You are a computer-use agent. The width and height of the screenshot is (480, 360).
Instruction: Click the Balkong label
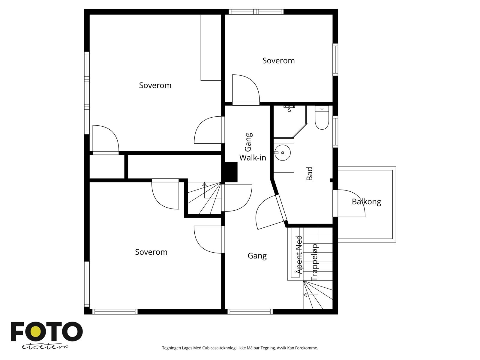point(366,202)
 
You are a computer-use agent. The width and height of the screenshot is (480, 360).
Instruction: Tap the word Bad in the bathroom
point(309,174)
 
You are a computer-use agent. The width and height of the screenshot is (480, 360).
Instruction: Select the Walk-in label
point(253,157)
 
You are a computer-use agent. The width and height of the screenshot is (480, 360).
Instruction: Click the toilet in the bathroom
point(322,118)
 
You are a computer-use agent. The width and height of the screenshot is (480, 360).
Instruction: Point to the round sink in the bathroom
point(283,153)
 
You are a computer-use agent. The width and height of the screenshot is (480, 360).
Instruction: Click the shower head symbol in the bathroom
point(289,108)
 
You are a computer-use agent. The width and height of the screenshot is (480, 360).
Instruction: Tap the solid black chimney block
point(229,172)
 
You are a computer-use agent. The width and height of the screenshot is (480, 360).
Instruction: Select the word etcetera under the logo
point(45,347)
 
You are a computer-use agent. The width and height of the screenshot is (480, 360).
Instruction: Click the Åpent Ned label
point(299,255)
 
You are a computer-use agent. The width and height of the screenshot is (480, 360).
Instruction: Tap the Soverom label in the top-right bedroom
point(278,61)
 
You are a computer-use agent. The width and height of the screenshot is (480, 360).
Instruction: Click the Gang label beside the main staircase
point(257,256)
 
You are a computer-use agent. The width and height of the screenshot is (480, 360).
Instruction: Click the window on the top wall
point(256,12)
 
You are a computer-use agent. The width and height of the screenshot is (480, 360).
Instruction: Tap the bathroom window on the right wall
point(335,132)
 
